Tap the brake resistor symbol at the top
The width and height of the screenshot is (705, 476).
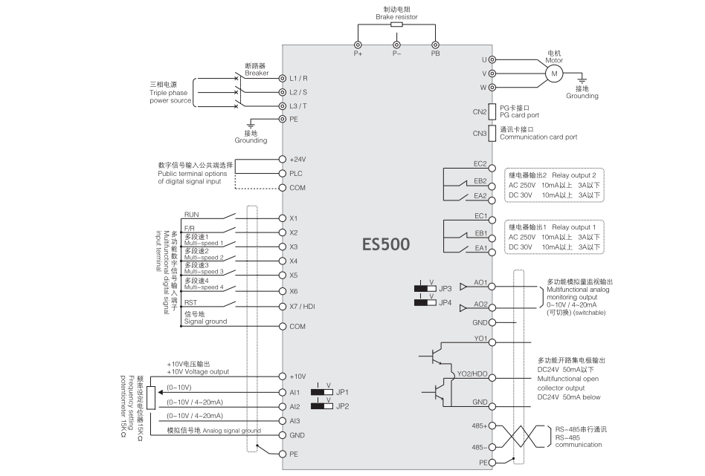point(396,25)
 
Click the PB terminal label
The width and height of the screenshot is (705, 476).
point(435,53)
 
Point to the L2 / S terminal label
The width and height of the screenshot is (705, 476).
point(298,93)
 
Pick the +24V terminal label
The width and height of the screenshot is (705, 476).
point(298,159)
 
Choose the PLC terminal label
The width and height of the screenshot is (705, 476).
point(295,173)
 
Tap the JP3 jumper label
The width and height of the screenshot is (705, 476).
point(445,288)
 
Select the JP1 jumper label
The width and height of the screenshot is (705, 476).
point(342,391)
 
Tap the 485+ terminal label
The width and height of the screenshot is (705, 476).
point(478,426)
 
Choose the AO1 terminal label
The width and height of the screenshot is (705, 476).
point(480,282)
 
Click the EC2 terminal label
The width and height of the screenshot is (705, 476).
point(480,163)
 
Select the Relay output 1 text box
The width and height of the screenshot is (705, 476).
point(553,235)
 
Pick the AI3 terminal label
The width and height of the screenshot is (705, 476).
point(295,421)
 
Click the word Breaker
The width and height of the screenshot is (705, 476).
point(257,73)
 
